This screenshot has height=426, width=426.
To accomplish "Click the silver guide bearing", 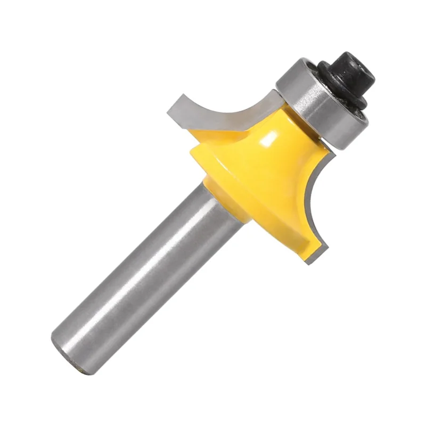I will pos(314,106).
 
